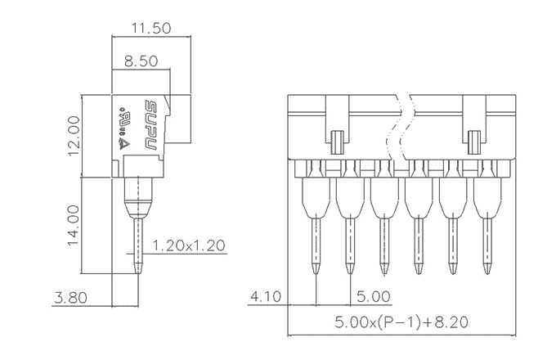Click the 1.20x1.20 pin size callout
pyautogui.click(x=189, y=245)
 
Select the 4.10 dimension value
pyautogui.click(x=265, y=296)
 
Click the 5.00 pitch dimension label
pyautogui.click(x=371, y=296)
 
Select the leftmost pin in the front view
pyautogui.click(x=316, y=245)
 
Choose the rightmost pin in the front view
pyautogui.click(x=487, y=245)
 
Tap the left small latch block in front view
pyautogui.click(x=336, y=142)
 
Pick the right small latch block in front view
pyautogui.click(x=475, y=142)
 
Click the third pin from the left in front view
pyautogui.click(x=383, y=245)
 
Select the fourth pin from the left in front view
pyautogui.click(x=418, y=245)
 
